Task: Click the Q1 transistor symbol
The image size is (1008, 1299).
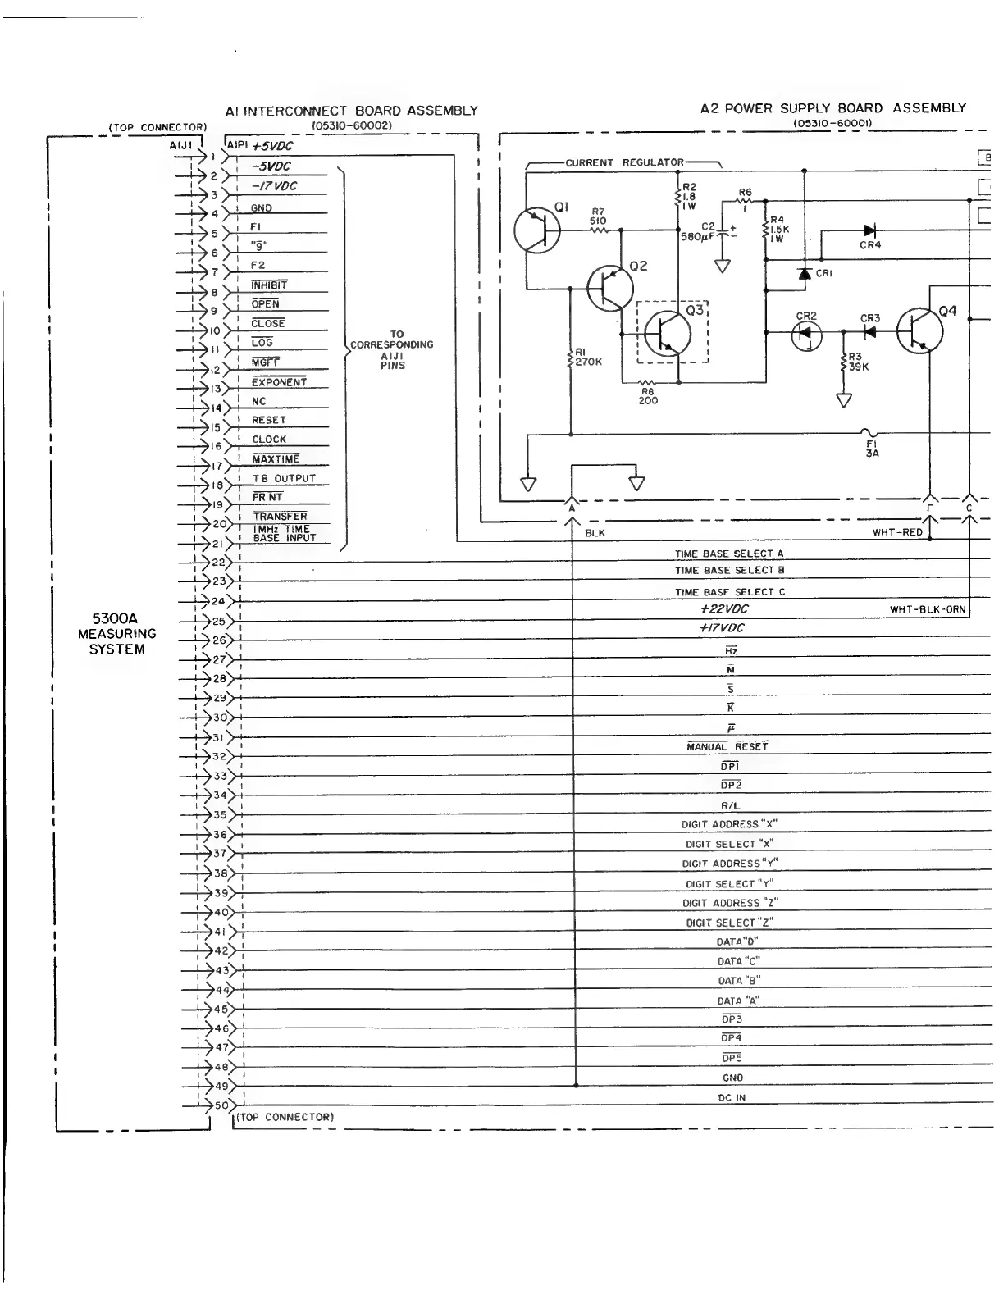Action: click(x=536, y=230)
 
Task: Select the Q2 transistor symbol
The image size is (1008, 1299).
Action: click(x=610, y=288)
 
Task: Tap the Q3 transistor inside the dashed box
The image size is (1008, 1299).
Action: click(x=668, y=333)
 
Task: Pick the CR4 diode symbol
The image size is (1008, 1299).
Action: click(x=869, y=232)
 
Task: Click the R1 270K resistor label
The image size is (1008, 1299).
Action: click(x=587, y=357)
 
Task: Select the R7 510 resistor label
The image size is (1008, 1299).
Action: click(x=598, y=216)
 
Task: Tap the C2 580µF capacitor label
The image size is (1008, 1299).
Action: click(x=700, y=233)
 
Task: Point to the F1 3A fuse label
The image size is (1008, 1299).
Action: click(x=872, y=447)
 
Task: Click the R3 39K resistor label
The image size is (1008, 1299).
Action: click(x=858, y=362)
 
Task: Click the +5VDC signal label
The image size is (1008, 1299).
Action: click(x=272, y=147)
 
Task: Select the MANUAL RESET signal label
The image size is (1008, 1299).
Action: click(x=727, y=746)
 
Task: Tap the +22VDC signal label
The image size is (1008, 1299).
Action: click(x=724, y=608)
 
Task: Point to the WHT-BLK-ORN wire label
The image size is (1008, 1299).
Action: click(x=928, y=609)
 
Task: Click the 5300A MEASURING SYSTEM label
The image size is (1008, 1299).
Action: click(x=117, y=633)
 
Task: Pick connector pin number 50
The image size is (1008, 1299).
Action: click(x=220, y=1105)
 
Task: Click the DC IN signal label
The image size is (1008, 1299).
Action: click(x=732, y=1097)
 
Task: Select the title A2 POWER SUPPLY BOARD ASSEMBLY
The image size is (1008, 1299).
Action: click(x=832, y=108)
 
